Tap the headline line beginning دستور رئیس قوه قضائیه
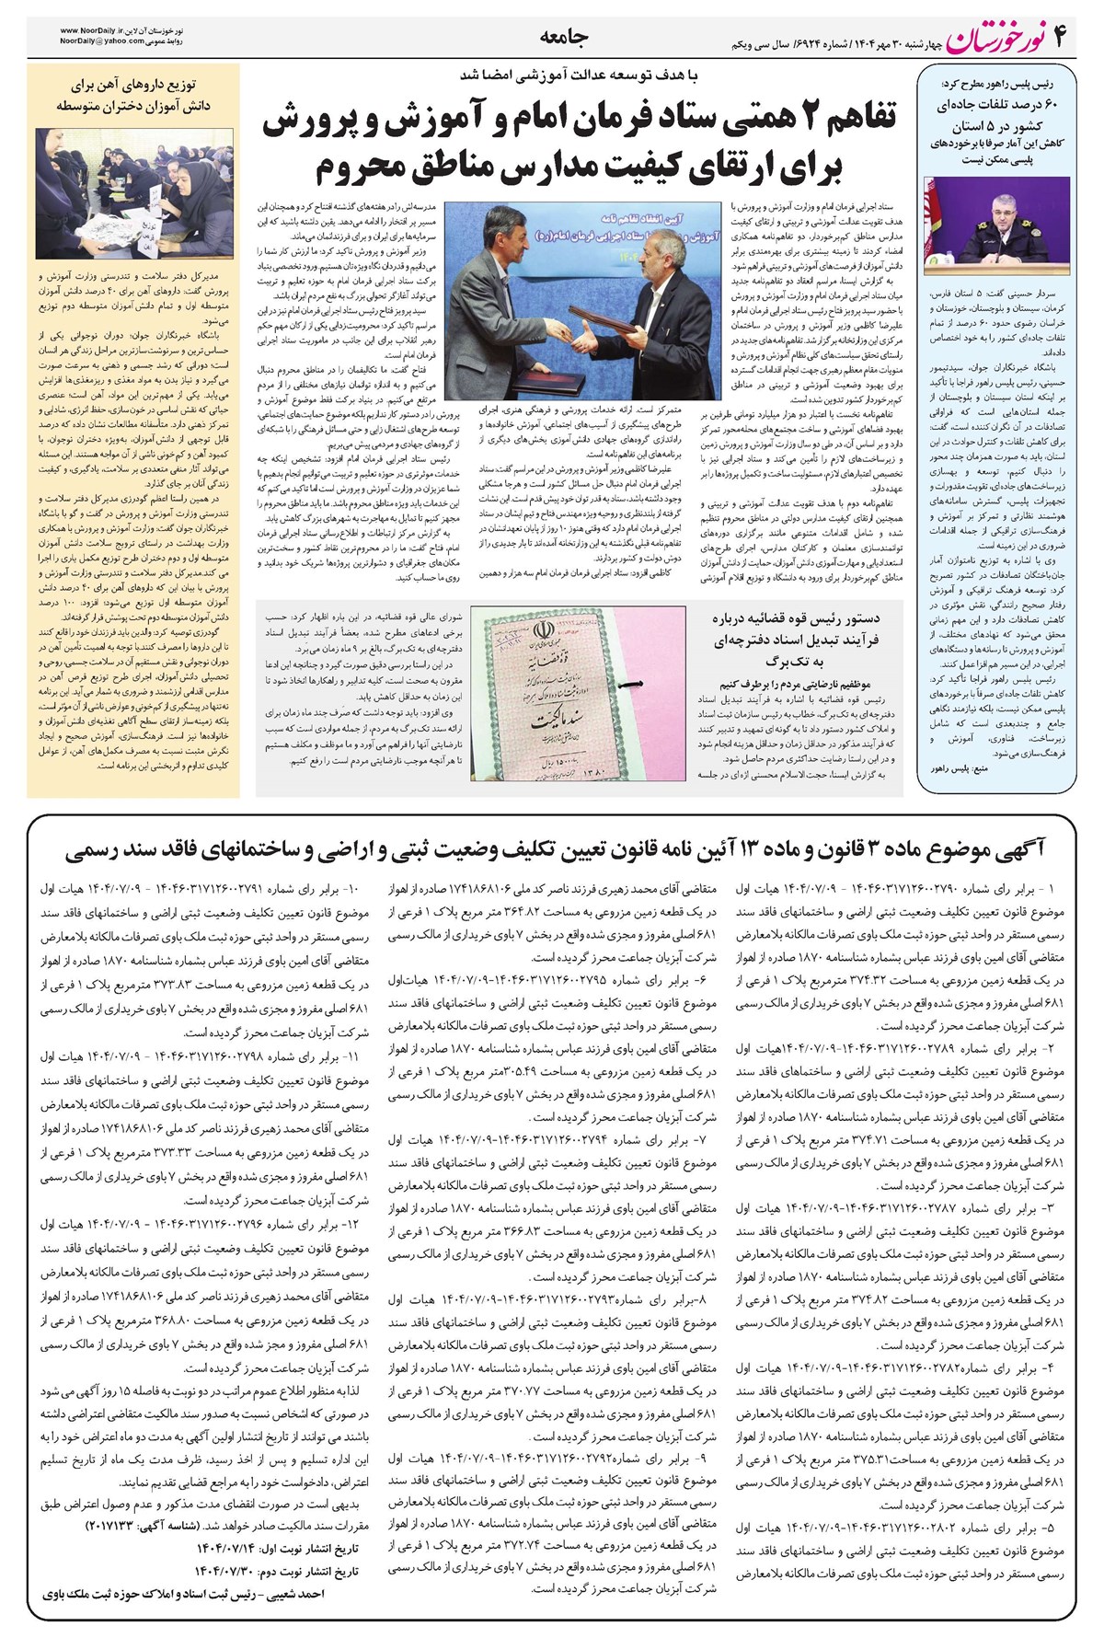(x=797, y=619)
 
